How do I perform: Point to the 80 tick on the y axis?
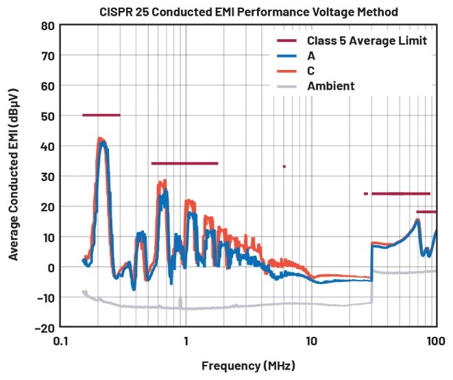point(47,25)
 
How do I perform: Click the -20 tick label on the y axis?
point(45,327)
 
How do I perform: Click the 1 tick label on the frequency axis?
point(186,340)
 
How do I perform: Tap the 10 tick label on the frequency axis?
point(310,340)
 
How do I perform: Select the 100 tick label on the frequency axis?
point(435,340)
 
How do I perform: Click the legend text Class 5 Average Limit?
point(367,41)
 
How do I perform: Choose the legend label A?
point(311,56)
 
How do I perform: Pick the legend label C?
point(311,71)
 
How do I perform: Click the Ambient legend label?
point(331,86)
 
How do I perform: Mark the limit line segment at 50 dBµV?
point(101,115)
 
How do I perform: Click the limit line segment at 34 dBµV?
point(184,163)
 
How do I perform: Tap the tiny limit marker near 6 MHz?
point(284,166)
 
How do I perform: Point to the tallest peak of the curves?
point(100,139)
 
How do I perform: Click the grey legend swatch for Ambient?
point(286,86)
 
